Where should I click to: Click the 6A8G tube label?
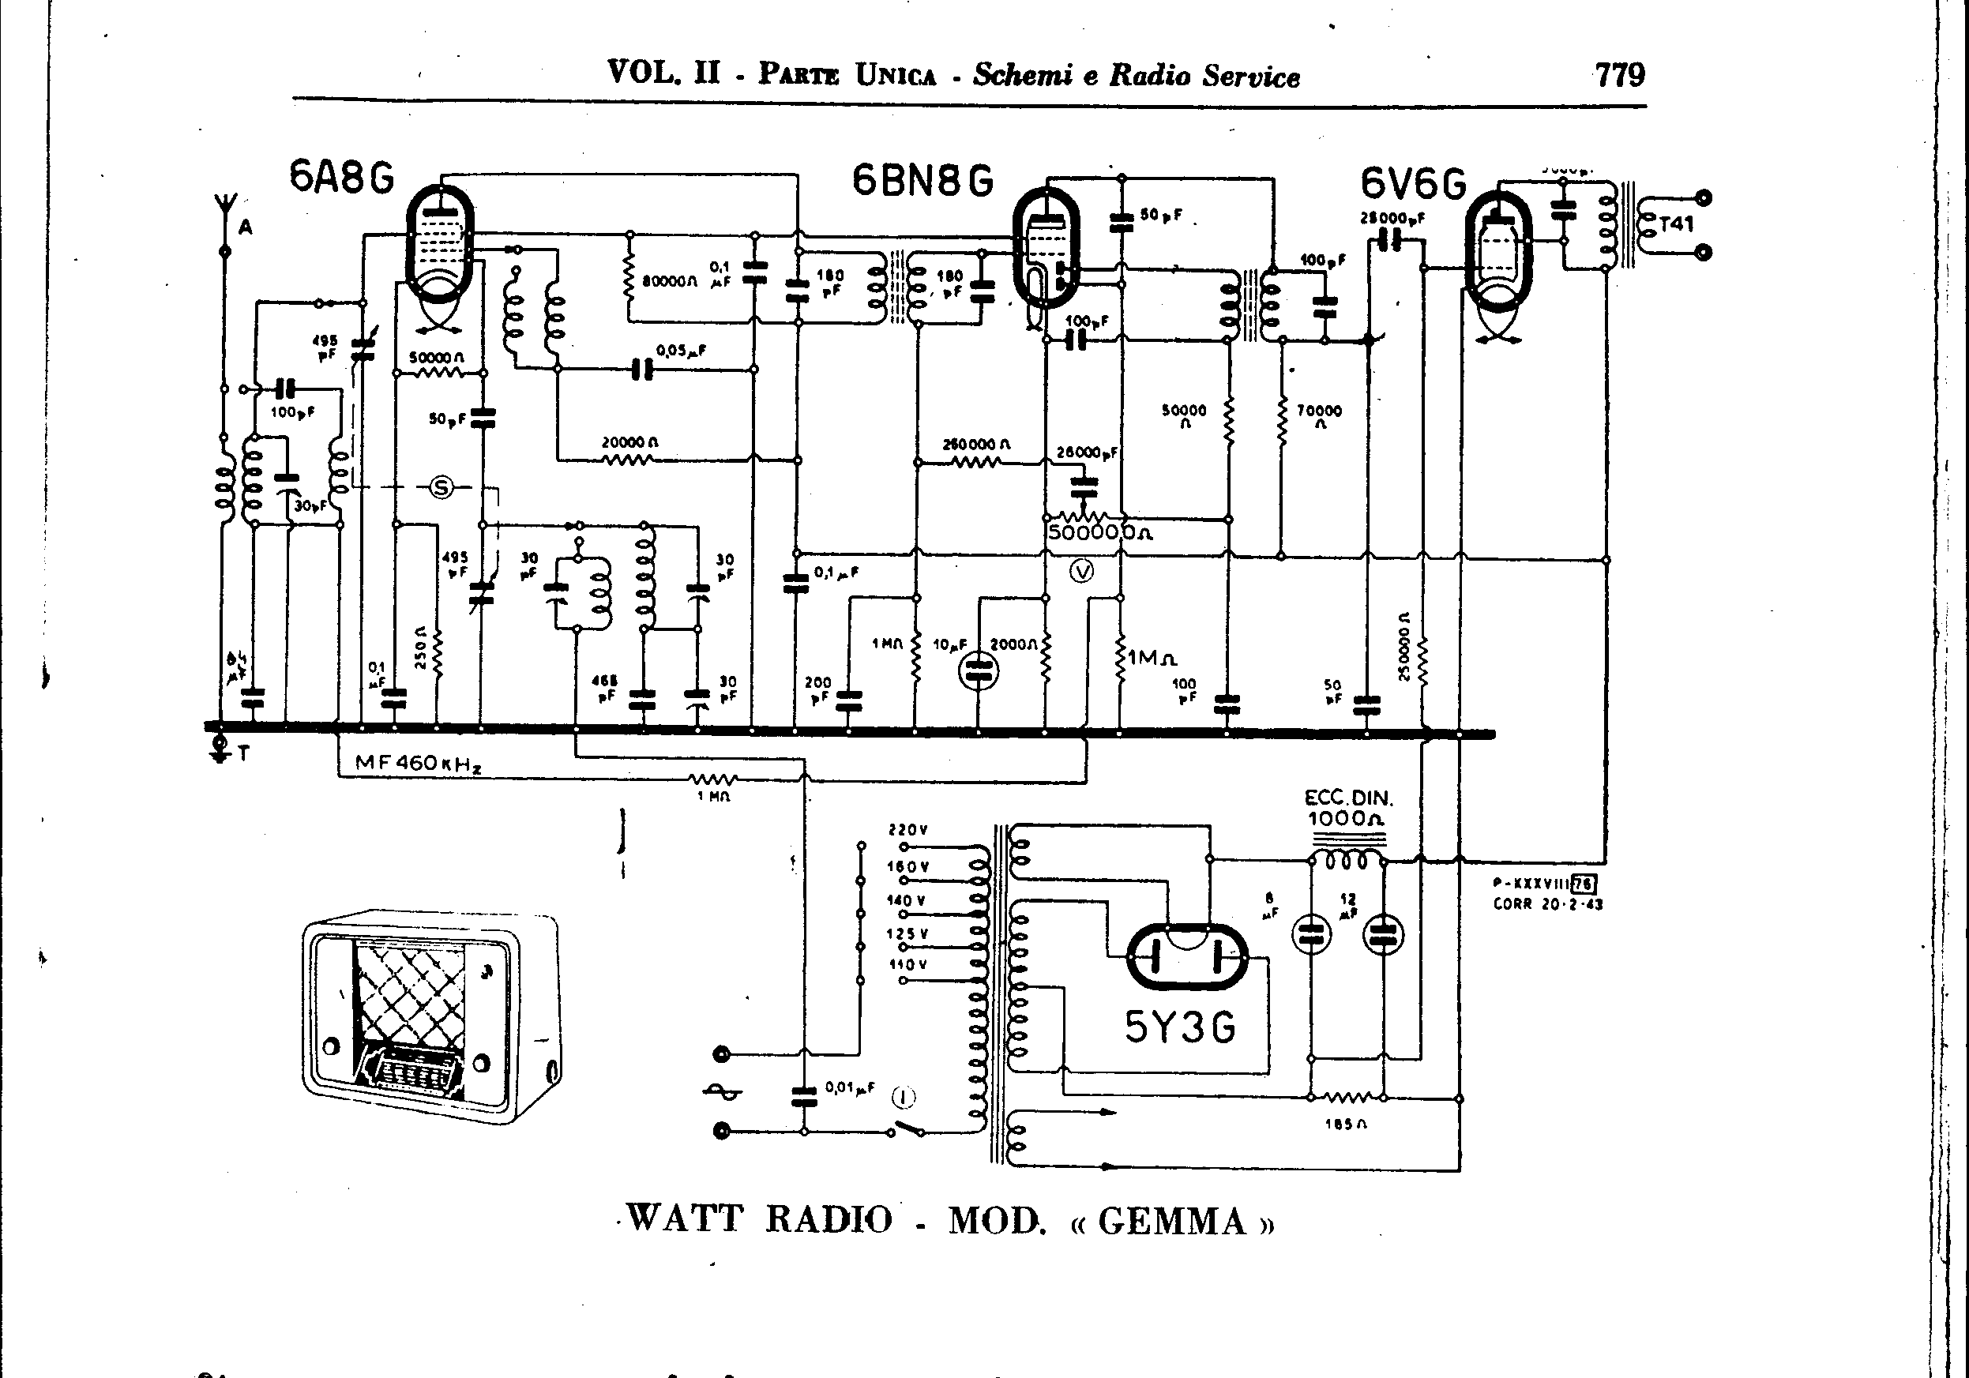[x=342, y=178]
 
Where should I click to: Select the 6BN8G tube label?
[x=922, y=181]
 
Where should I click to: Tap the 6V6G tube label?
[x=1412, y=183]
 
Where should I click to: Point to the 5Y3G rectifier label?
[x=1180, y=1027]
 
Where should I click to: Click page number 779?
[x=1619, y=74]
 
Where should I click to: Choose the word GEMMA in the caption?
[x=1171, y=1221]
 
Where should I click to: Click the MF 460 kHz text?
[x=418, y=761]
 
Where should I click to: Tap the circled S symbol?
[x=442, y=488]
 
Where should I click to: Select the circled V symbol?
[x=1083, y=571]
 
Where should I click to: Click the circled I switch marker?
[x=905, y=1097]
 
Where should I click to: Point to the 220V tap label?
[x=907, y=830]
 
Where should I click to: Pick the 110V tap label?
[x=907, y=965]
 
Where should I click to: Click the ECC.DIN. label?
[x=1348, y=798]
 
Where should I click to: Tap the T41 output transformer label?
[x=1676, y=224]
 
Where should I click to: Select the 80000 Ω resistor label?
[x=669, y=280]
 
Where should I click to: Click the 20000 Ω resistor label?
[x=629, y=442]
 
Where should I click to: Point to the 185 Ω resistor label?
[x=1346, y=1123]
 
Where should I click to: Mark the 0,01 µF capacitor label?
[x=850, y=1087]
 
